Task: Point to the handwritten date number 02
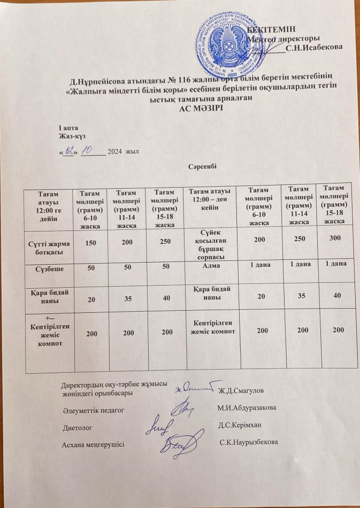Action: (x=68, y=152)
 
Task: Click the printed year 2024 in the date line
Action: (x=116, y=153)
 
